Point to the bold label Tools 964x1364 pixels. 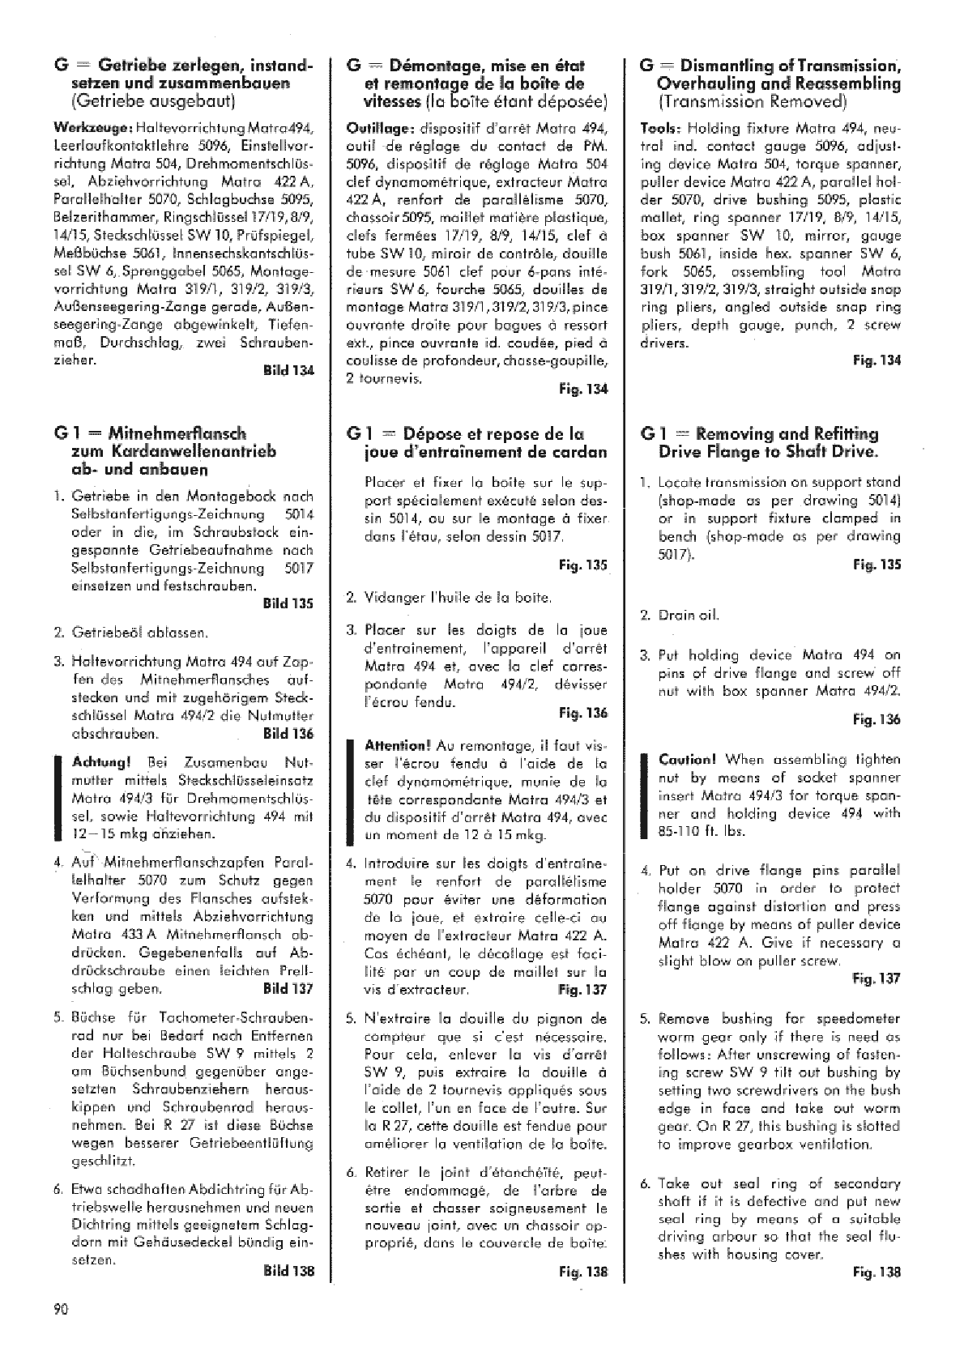point(659,128)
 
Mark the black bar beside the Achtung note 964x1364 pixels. point(58,797)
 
